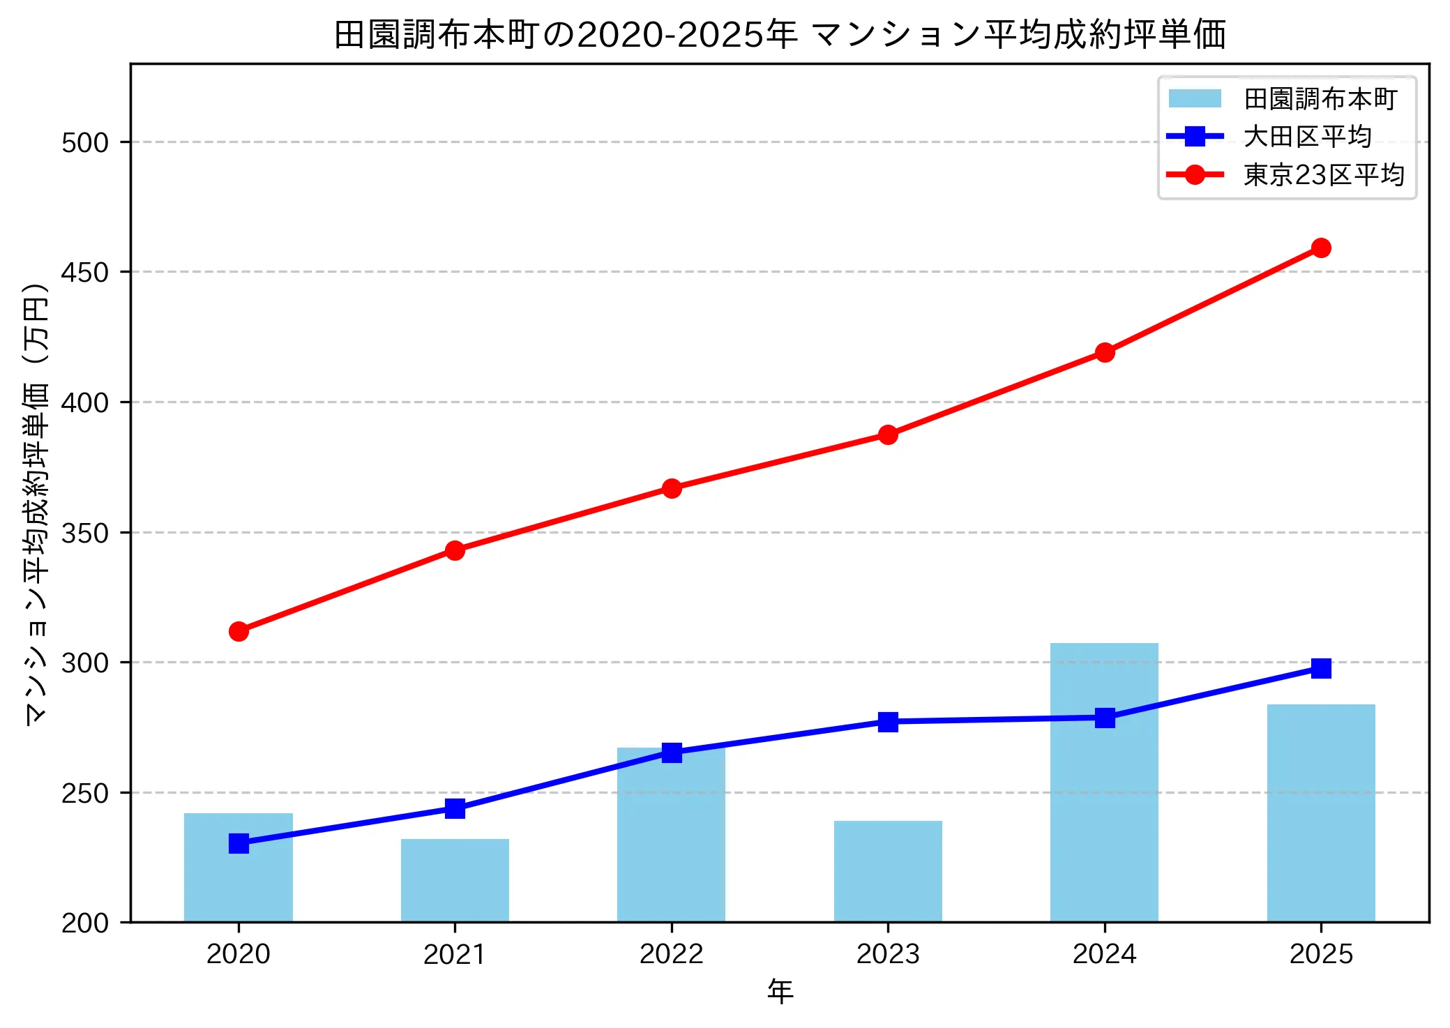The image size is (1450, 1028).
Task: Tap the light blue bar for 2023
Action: click(888, 872)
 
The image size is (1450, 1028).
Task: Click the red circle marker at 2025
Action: click(1320, 248)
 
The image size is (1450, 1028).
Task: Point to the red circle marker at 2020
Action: click(239, 631)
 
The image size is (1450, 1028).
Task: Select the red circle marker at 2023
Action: click(888, 434)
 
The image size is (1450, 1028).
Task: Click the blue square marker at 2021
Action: click(455, 808)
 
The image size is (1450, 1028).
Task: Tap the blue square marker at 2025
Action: click(1320, 668)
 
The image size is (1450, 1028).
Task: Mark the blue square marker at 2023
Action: click(888, 721)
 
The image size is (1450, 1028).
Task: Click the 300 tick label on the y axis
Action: click(85, 663)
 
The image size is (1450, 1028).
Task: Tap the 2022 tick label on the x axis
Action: click(671, 953)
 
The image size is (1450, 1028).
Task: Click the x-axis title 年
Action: click(780, 991)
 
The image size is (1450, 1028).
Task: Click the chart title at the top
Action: click(780, 34)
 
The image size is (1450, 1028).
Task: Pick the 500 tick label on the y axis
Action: click(85, 142)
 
